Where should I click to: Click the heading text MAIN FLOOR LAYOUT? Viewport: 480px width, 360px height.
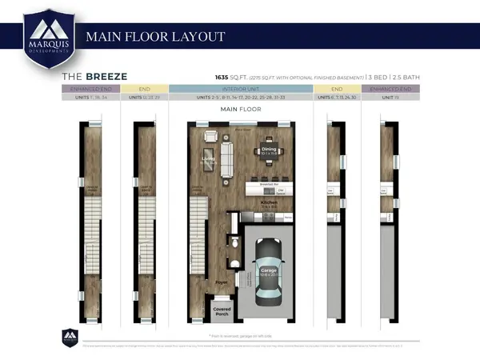click(x=155, y=37)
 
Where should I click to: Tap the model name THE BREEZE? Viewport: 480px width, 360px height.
click(x=94, y=76)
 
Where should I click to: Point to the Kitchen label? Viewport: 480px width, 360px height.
click(x=269, y=203)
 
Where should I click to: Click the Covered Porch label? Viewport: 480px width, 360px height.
click(x=222, y=310)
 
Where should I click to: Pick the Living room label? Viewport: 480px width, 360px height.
click(x=210, y=159)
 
